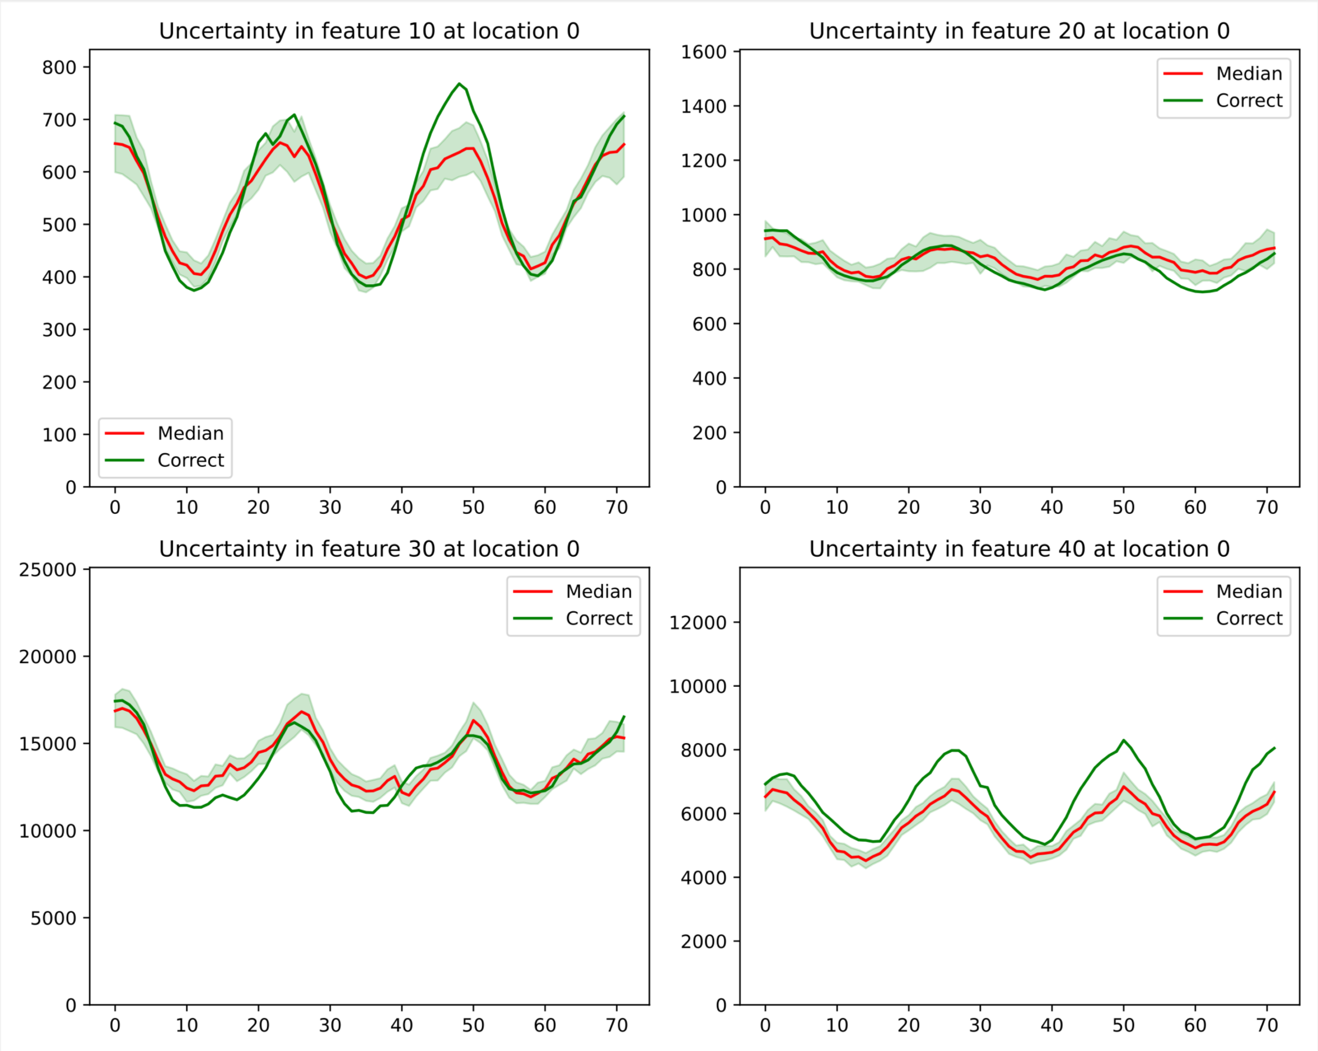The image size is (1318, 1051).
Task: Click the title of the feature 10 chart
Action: (x=369, y=31)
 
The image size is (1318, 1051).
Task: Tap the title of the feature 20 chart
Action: (x=1019, y=31)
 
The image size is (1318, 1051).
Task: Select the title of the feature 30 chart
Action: (x=369, y=549)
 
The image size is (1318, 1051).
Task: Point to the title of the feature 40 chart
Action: (x=1019, y=549)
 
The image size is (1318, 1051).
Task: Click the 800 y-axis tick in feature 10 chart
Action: (x=59, y=68)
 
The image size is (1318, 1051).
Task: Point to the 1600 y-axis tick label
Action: (x=704, y=52)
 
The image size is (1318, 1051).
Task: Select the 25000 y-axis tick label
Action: (x=48, y=570)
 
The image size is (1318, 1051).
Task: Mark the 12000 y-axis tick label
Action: (x=699, y=623)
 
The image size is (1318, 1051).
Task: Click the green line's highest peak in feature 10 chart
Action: (x=459, y=83)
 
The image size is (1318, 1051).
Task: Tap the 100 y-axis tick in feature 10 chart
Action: (x=59, y=435)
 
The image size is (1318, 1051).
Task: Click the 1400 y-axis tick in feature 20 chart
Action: (x=704, y=106)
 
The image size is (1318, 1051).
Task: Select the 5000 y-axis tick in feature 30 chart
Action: (x=54, y=918)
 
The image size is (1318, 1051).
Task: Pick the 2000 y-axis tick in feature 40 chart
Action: (x=704, y=941)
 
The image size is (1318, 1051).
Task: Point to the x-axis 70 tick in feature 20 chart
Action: (x=1267, y=507)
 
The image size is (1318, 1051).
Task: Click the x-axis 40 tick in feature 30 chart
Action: (x=402, y=1025)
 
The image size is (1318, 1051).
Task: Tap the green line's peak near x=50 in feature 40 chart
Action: (x=1124, y=740)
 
